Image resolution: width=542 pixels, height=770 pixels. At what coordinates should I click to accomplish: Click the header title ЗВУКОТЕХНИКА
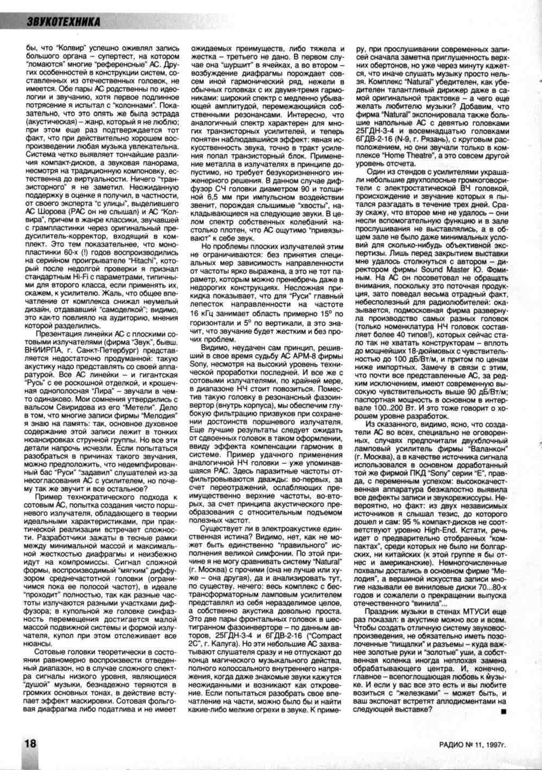pos(64,21)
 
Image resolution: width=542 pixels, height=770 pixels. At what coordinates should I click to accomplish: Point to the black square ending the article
pos(503,711)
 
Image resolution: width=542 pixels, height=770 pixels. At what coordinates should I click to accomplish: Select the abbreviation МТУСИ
pos(472,611)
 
